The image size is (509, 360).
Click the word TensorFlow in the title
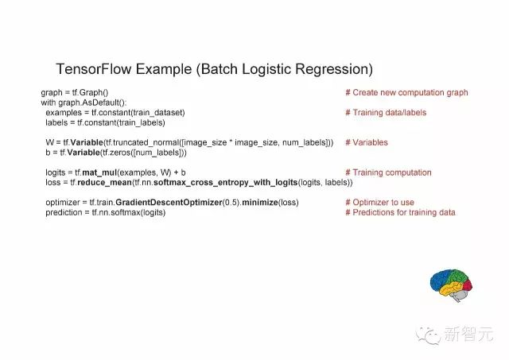[x=93, y=69]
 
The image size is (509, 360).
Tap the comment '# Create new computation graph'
[x=406, y=93]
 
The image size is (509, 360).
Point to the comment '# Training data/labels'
[x=386, y=113]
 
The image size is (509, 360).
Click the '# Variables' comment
[x=367, y=142]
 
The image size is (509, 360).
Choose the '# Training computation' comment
[x=389, y=172]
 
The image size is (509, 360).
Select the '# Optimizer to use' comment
[x=380, y=203]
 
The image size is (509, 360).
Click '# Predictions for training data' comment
[x=400, y=212]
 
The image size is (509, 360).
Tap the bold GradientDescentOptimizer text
[x=169, y=203]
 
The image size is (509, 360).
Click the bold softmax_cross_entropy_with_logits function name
[x=226, y=183]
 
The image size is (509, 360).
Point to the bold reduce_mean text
[x=104, y=183]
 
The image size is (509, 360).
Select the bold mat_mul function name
[x=99, y=172]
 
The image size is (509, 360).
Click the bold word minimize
[x=260, y=203]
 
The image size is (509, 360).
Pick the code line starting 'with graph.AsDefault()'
[x=84, y=103]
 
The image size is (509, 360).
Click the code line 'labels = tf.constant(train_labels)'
[x=105, y=123]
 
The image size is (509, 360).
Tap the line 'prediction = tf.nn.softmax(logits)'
[x=106, y=213]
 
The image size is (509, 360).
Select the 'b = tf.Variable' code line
[x=116, y=153]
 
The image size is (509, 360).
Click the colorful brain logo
[x=451, y=285]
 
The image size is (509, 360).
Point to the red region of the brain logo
[x=468, y=285]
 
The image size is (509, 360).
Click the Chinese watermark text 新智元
[x=468, y=334]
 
